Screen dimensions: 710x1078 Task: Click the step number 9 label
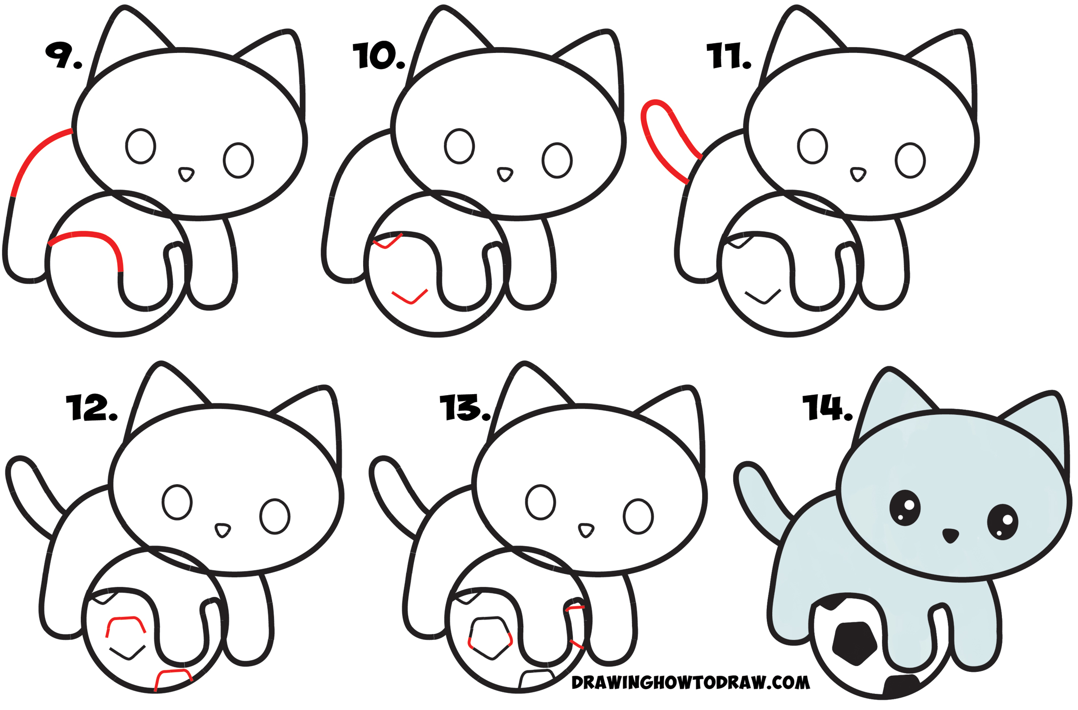(63, 55)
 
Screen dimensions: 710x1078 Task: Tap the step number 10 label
(378, 55)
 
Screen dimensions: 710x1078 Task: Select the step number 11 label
(728, 55)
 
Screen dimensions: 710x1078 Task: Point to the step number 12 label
(92, 407)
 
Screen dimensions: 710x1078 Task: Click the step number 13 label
(465, 407)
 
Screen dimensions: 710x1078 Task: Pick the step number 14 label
(827, 407)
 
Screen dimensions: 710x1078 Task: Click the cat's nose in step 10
(505, 174)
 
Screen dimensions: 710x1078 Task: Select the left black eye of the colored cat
(905, 508)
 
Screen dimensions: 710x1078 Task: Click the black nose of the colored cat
(950, 535)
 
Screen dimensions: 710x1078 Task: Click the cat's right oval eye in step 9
(238, 160)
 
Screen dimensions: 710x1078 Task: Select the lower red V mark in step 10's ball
(410, 297)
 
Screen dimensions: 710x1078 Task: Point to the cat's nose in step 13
(586, 530)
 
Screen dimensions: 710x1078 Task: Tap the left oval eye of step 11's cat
(812, 146)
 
